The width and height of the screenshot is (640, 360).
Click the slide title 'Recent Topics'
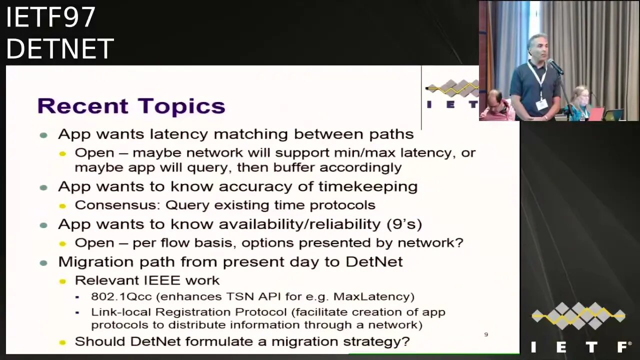click(x=131, y=106)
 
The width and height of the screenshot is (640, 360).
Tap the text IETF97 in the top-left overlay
click(x=50, y=17)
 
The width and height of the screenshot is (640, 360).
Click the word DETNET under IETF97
click(x=60, y=49)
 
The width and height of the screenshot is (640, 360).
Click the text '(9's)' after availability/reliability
click(x=404, y=224)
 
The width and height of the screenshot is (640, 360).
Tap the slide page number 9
click(x=485, y=334)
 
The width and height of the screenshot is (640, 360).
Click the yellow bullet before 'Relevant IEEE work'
click(x=62, y=281)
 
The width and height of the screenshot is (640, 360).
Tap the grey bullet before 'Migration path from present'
click(x=43, y=262)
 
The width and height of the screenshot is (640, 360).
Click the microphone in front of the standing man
click(x=555, y=66)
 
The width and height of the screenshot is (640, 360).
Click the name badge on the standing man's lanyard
click(x=541, y=104)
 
